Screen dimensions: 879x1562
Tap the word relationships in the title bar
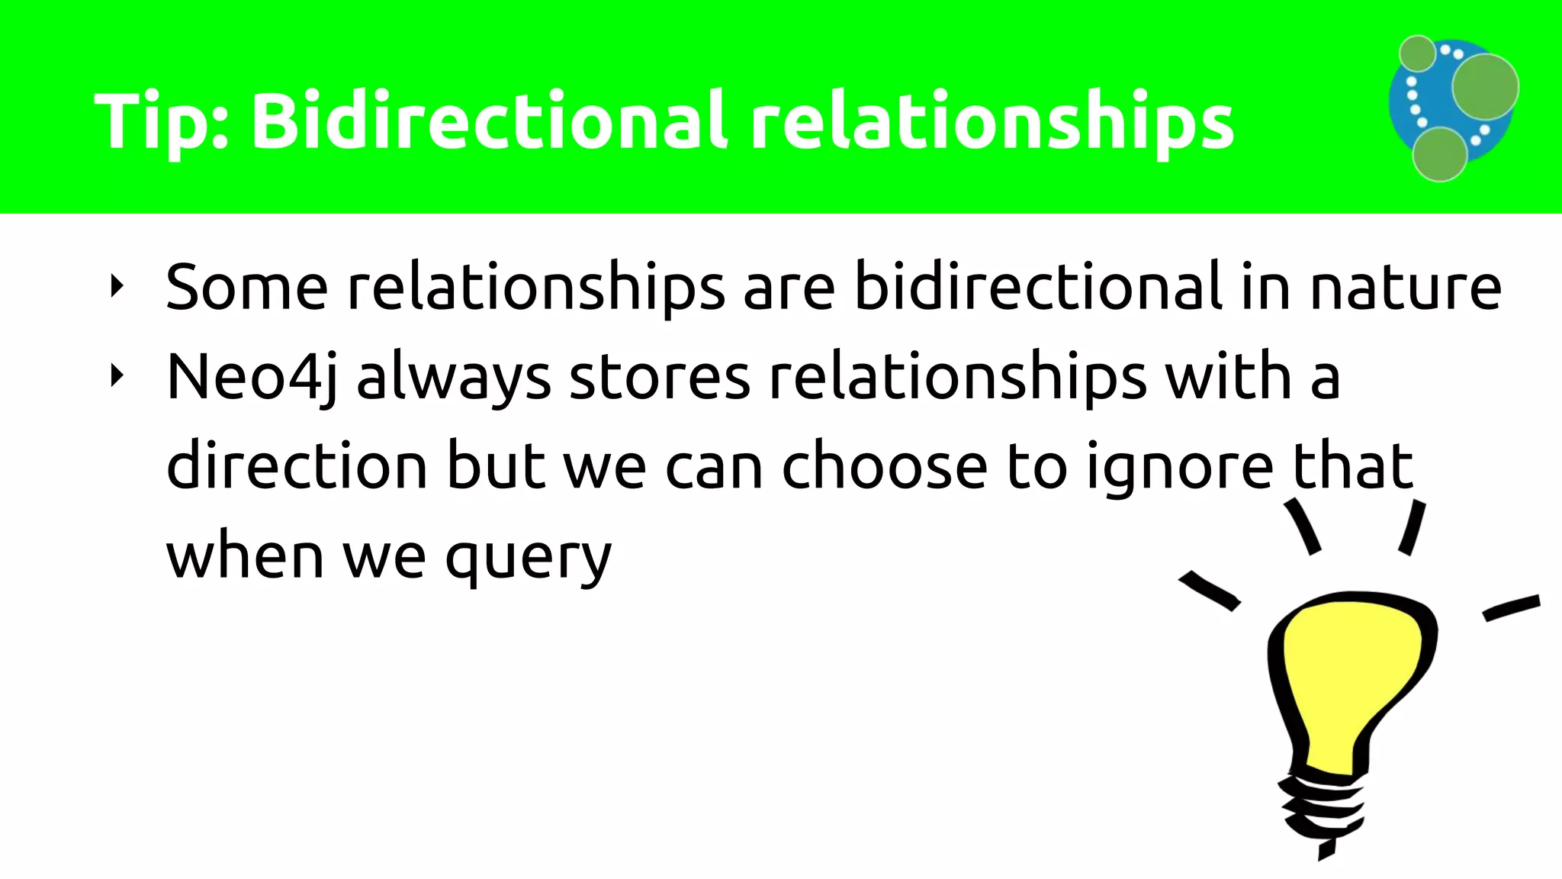992,122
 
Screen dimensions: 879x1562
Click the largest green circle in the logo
1484,86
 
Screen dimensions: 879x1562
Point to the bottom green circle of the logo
1439,154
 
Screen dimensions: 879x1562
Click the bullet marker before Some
116,287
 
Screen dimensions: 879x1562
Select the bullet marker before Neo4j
116,375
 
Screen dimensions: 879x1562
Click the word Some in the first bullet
246,287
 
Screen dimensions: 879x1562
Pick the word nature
1406,288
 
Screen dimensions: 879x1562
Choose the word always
454,378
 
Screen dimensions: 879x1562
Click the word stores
660,378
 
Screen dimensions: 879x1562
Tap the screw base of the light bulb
1319,809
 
